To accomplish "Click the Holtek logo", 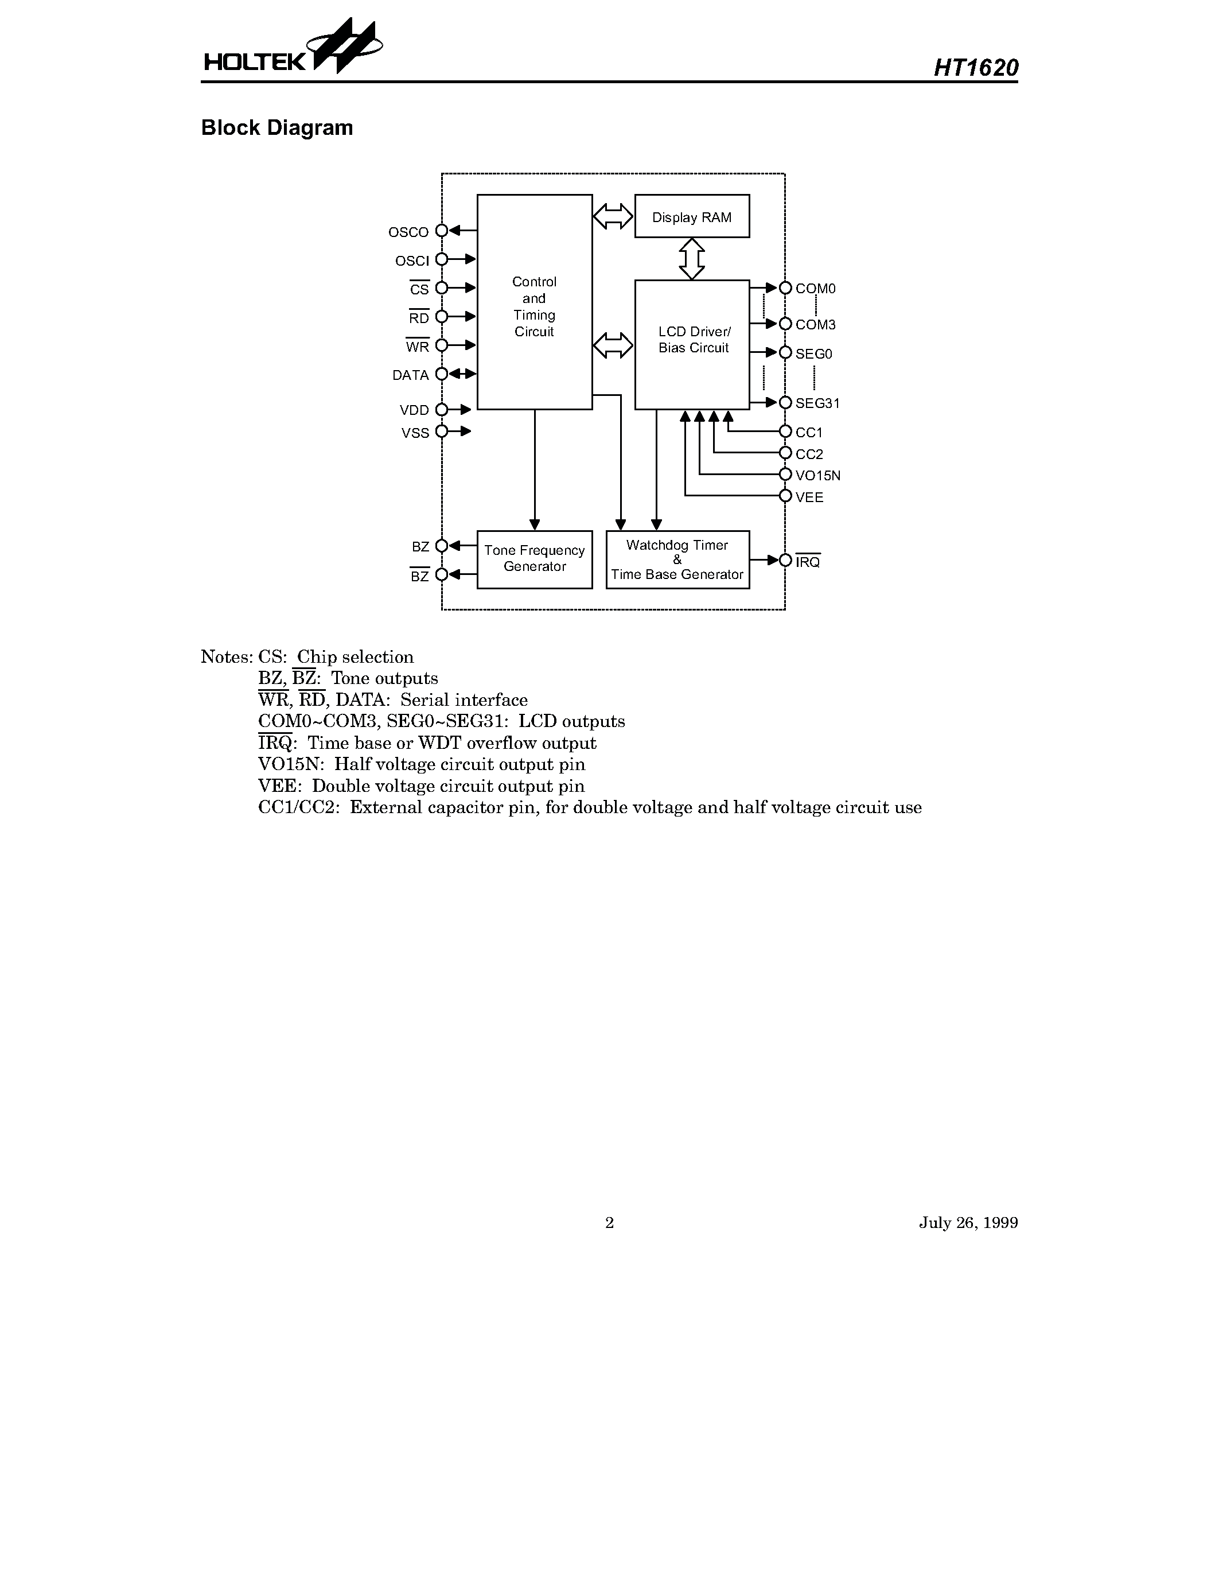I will click(x=292, y=50).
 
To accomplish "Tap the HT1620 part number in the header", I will click(x=976, y=68).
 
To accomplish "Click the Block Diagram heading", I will click(x=276, y=128).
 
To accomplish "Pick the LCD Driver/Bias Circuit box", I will click(x=692, y=343).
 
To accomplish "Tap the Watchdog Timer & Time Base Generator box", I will click(x=677, y=559).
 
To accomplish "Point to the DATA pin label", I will click(x=410, y=375).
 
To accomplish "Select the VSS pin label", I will click(x=415, y=433).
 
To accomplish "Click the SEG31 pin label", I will click(x=817, y=403).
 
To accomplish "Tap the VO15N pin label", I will click(x=817, y=476).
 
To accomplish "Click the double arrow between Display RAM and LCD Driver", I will click(x=692, y=259).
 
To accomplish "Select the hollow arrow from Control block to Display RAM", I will click(x=613, y=216).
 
